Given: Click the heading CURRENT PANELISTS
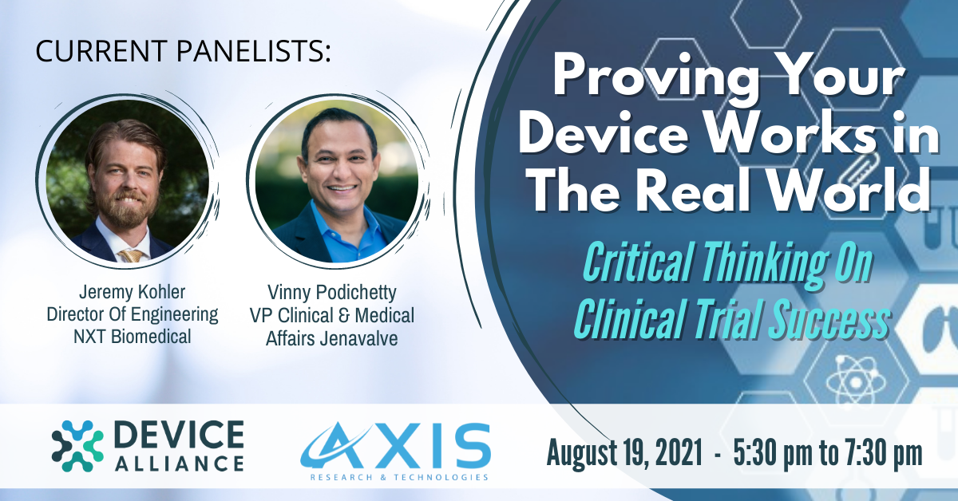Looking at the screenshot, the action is point(183,51).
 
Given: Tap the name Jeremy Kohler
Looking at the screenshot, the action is point(133,292).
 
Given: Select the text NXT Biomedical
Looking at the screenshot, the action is point(133,337).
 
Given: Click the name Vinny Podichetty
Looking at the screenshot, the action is point(332,293).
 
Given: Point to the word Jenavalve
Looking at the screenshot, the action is point(358,338).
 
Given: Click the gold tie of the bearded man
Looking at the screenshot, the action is point(131,255).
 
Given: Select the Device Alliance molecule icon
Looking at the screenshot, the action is point(77,446).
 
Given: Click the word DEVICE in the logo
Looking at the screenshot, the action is point(179,435).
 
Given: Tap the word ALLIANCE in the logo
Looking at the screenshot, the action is point(179,463).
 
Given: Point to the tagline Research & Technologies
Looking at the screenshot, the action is point(399,477).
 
